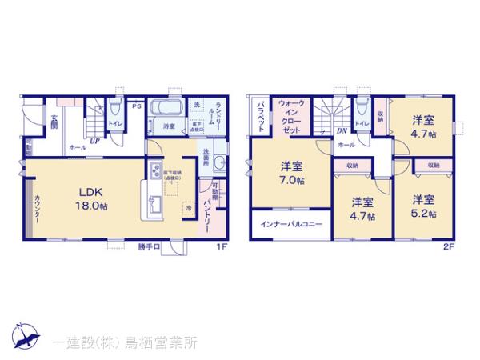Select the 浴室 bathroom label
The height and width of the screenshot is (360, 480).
(x=170, y=126)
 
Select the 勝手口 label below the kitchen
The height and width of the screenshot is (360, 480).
(x=149, y=245)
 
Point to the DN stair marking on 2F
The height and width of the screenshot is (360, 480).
(x=342, y=130)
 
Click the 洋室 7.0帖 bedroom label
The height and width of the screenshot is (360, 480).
(x=291, y=174)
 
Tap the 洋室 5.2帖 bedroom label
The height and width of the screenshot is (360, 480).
(x=424, y=206)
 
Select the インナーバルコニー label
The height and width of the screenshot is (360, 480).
(x=291, y=225)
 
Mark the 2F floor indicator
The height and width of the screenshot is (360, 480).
(x=448, y=246)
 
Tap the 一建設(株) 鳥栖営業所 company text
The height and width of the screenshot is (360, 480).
(x=124, y=342)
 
